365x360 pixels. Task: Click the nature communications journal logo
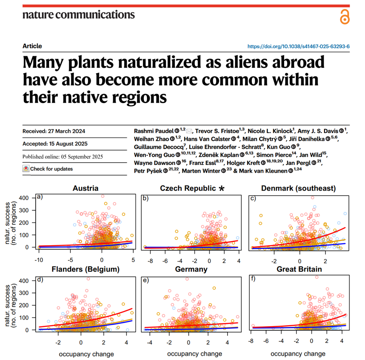pyautogui.click(x=78, y=15)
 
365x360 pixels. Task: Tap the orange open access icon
pyautogui.click(x=345, y=16)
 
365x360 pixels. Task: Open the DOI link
pyautogui.click(x=299, y=47)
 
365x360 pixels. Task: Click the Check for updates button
pyautogui.click(x=48, y=169)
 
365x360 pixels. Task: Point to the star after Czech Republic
pyautogui.click(x=222, y=189)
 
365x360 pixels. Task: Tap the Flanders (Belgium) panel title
pyautogui.click(x=85, y=269)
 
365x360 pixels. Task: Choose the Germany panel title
pyautogui.click(x=191, y=269)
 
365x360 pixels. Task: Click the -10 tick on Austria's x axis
pyautogui.click(x=39, y=260)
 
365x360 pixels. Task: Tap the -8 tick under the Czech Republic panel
pyautogui.click(x=151, y=260)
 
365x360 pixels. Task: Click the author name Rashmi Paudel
pyautogui.click(x=153, y=130)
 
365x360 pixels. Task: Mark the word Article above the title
pyautogui.click(x=32, y=46)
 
